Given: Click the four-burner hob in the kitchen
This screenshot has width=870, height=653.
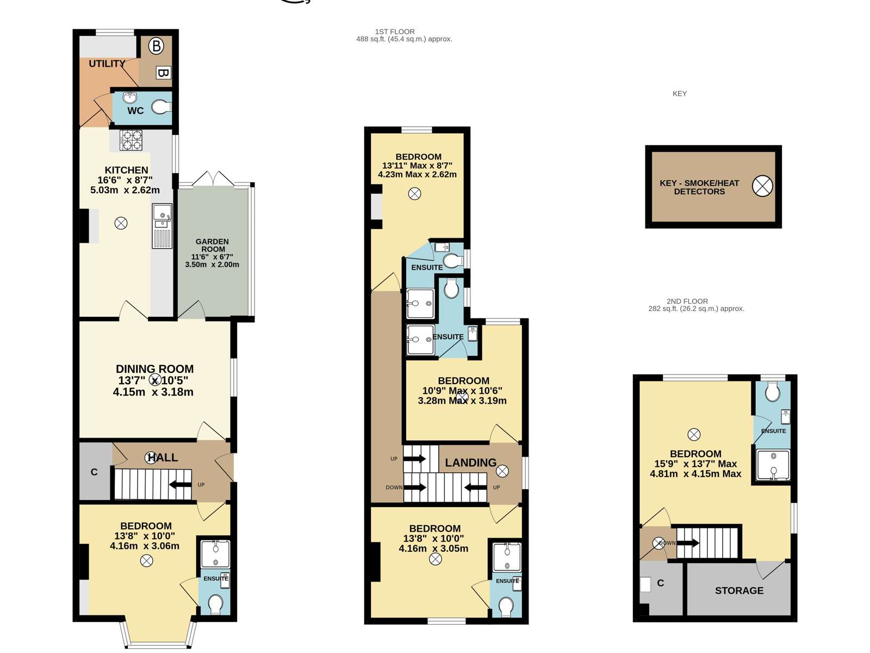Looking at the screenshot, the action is pyautogui.click(x=131, y=140).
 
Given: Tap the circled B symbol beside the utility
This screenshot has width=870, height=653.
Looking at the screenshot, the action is pyautogui.click(x=156, y=46).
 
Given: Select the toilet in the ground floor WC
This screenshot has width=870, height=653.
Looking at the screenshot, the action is pyautogui.click(x=161, y=107).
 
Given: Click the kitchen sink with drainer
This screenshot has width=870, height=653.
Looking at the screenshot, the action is pyautogui.click(x=162, y=226).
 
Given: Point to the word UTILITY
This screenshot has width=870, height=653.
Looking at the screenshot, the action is pyautogui.click(x=107, y=64).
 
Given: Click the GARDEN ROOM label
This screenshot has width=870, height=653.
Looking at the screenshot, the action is pyautogui.click(x=213, y=245).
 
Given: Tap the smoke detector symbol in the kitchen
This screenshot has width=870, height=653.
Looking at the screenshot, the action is pyautogui.click(x=121, y=223).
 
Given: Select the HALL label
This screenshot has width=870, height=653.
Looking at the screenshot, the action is pyautogui.click(x=163, y=458).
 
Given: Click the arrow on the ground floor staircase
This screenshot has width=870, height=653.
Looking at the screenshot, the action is pyautogui.click(x=181, y=484).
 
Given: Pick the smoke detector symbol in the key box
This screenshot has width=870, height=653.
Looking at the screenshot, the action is pyautogui.click(x=762, y=186).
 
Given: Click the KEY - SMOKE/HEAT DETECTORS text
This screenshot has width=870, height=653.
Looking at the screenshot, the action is pyautogui.click(x=699, y=187).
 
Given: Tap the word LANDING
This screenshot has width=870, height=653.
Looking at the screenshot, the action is pyautogui.click(x=470, y=463).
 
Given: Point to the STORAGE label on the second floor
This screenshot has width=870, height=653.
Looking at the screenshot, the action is pyautogui.click(x=739, y=591).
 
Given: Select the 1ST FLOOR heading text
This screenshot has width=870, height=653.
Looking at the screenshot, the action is pyautogui.click(x=395, y=32).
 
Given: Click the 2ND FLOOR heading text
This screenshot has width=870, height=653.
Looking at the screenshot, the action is pyautogui.click(x=687, y=301).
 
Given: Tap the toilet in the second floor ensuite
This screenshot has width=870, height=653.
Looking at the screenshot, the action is pyautogui.click(x=773, y=392).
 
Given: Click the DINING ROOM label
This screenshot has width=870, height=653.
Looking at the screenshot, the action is pyautogui.click(x=154, y=369).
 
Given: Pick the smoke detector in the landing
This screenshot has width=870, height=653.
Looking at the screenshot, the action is pyautogui.click(x=502, y=471).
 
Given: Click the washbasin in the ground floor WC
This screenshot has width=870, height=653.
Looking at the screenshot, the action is pyautogui.click(x=129, y=97).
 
